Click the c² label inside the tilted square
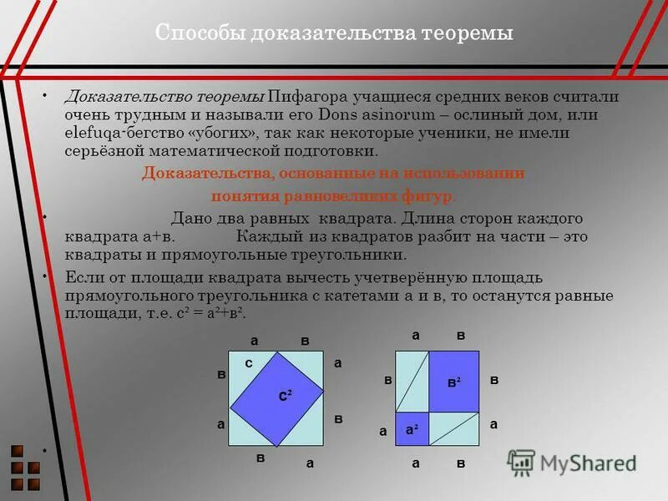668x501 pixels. pos(285,396)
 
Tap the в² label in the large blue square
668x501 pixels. pos(453,381)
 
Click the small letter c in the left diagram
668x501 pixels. pos(249,363)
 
